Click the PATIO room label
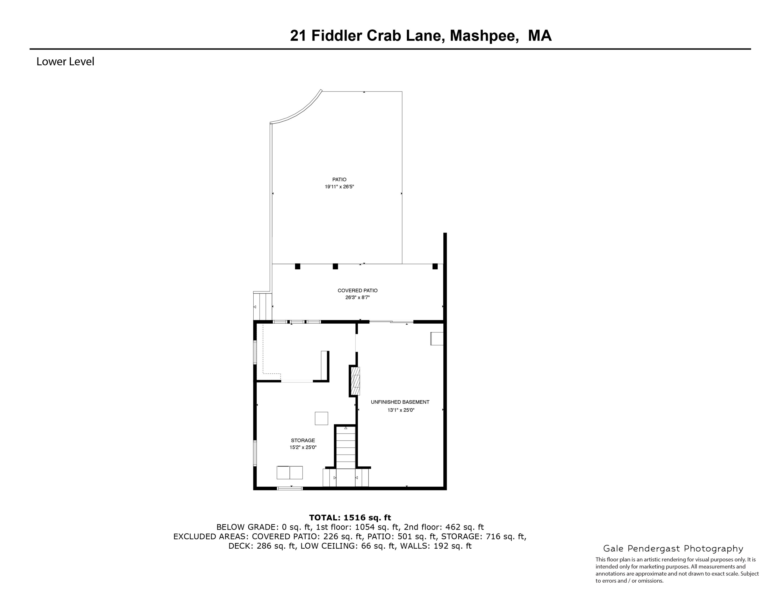339,179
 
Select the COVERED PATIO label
357,291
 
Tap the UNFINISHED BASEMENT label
400,402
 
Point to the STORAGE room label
303,441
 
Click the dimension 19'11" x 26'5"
339,187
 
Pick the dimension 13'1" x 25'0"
401,410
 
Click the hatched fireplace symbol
355,381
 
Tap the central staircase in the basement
346,449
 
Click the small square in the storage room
321,418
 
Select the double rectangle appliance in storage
290,472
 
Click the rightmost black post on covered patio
435,266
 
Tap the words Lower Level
65,62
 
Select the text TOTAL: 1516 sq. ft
350,518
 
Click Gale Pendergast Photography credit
673,549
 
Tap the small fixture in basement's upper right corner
437,339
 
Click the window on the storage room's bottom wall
290,488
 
